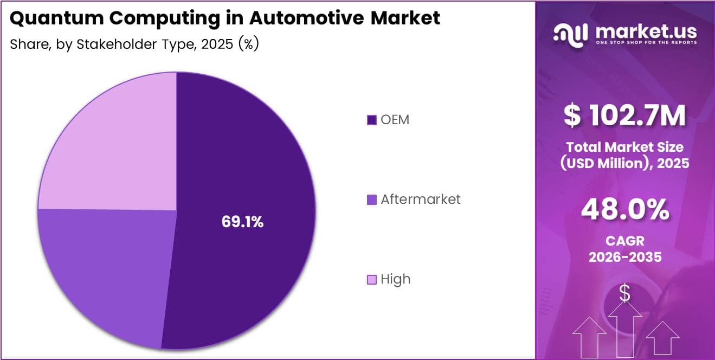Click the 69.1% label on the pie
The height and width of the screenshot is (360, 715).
pos(242,221)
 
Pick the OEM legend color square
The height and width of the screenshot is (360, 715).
pos(371,120)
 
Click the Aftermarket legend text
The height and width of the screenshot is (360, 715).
pos(420,199)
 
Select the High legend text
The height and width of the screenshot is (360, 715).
pos(395,279)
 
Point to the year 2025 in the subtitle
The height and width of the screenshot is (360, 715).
pos(217,44)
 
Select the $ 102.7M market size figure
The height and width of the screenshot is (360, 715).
pos(624,115)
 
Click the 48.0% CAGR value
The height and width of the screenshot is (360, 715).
pos(624,210)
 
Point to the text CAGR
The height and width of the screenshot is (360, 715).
pos(624,241)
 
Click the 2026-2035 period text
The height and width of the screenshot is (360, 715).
pos(624,257)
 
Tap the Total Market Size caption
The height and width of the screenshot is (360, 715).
pos(624,146)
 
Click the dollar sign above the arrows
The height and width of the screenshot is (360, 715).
pos(624,293)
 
